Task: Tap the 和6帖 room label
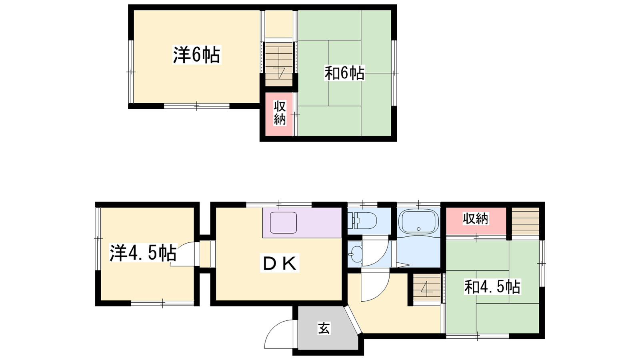pos(344,73)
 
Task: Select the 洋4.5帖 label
pos(143,253)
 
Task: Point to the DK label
pos(280,263)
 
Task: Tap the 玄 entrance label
pos(324,328)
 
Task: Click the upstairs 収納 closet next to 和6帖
pos(279,114)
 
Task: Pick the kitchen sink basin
pos(284,223)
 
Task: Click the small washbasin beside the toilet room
pos(355,254)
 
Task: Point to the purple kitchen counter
pos(302,222)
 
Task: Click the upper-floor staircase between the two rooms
pos(279,64)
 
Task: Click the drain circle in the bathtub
pos(418,229)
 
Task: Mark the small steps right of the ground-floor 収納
pos(525,221)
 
